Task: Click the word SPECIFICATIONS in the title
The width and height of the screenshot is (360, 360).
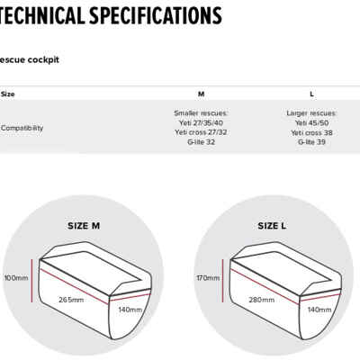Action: pyautogui.click(x=156, y=15)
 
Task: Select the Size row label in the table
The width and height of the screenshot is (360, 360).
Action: pyautogui.click(x=7, y=94)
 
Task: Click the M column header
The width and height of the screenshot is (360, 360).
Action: pyautogui.click(x=201, y=94)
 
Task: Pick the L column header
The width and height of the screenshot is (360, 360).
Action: pyautogui.click(x=311, y=94)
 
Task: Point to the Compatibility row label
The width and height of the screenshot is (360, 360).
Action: pyautogui.click(x=22, y=128)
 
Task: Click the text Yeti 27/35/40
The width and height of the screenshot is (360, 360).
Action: pyautogui.click(x=201, y=123)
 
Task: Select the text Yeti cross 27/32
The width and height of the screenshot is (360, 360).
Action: pyautogui.click(x=201, y=132)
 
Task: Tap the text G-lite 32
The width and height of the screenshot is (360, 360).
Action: pyautogui.click(x=201, y=142)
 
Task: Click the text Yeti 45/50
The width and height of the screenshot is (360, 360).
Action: pyautogui.click(x=311, y=123)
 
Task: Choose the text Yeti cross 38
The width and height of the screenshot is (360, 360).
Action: pyautogui.click(x=311, y=132)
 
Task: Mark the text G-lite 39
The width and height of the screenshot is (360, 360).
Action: pyautogui.click(x=311, y=142)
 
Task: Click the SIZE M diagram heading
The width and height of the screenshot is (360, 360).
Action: pyautogui.click(x=84, y=226)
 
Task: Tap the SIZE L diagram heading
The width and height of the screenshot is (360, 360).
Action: pyautogui.click(x=272, y=226)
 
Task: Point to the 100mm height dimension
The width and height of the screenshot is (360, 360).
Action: pyautogui.click(x=16, y=278)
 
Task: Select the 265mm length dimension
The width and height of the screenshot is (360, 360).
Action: pyautogui.click(x=71, y=300)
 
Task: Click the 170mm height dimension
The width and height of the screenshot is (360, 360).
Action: pyautogui.click(x=208, y=278)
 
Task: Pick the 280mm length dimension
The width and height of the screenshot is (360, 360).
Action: pyautogui.click(x=261, y=300)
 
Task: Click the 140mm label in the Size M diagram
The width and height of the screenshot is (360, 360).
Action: pyautogui.click(x=130, y=310)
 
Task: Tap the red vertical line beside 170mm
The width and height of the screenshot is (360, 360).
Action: pyautogui.click(x=222, y=281)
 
